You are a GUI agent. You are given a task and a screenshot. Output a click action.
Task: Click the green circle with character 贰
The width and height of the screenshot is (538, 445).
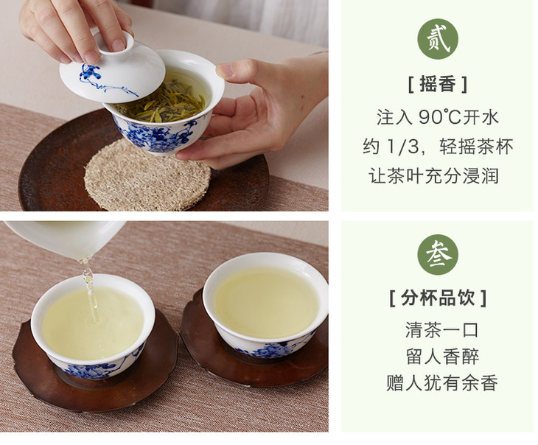[x=438, y=39]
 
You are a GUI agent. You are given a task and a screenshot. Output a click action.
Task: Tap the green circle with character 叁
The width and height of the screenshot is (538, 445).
[x=438, y=255]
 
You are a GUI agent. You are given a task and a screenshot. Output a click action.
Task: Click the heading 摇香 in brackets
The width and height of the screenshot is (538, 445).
[x=438, y=85]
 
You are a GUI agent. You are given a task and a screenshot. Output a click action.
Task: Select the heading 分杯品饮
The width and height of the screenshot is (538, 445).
[x=438, y=298]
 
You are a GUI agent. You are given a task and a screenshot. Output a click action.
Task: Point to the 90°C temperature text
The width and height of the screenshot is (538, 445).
[x=439, y=117]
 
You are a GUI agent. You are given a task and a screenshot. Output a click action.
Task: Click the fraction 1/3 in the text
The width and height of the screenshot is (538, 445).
[x=402, y=147]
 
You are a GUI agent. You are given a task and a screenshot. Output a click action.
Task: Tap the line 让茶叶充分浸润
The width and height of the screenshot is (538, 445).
[x=433, y=176]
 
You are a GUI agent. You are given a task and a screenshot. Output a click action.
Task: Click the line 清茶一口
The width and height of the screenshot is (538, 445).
[x=442, y=330]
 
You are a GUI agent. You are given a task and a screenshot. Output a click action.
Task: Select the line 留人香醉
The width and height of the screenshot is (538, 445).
[x=442, y=357]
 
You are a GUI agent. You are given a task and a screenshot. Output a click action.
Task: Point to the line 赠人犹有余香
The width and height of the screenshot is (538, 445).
[x=442, y=383]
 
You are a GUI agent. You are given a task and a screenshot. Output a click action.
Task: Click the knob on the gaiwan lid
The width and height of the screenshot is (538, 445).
[x=113, y=41]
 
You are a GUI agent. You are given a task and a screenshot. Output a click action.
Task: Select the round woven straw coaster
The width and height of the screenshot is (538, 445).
[x=147, y=175]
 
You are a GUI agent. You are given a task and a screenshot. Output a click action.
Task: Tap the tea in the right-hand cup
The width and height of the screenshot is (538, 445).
[x=267, y=302]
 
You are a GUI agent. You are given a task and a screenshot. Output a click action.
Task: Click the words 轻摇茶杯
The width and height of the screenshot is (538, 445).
[x=476, y=147]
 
